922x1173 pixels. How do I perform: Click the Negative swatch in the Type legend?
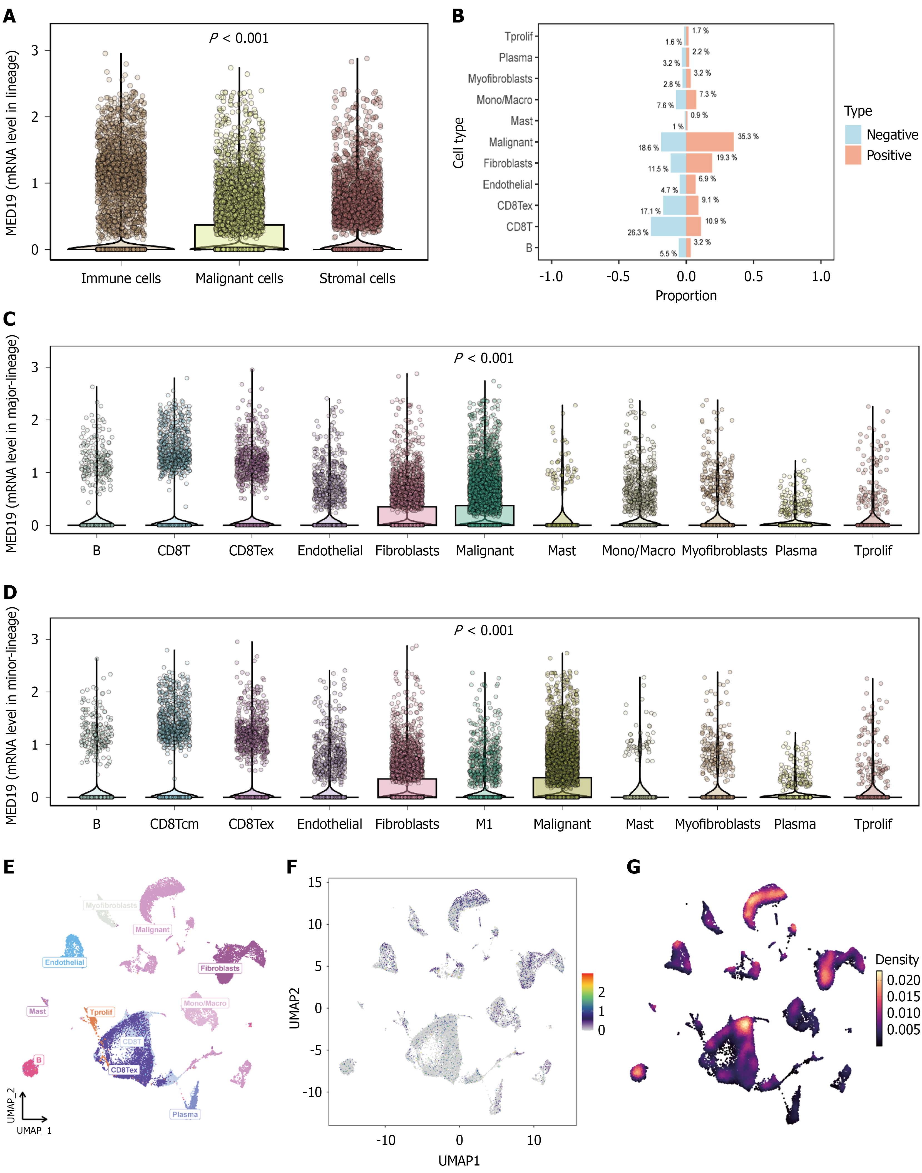pos(853,134)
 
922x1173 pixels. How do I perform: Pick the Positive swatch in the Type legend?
pos(853,155)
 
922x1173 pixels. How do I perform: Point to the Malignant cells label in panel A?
pos(239,278)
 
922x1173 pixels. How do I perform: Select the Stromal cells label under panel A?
pos(357,278)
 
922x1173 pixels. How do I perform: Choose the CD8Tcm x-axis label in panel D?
pos(174,824)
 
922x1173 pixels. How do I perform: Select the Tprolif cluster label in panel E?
pos(101,1012)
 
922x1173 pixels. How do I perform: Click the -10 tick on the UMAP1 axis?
pos(386,1140)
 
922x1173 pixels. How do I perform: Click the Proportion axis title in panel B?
pos(685,296)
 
